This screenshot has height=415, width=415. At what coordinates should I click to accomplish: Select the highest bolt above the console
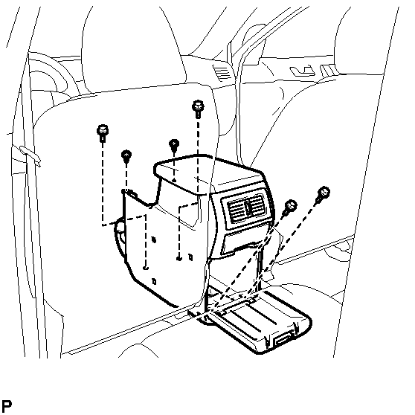click(198, 109)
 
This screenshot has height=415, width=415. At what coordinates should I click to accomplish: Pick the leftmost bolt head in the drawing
click(103, 133)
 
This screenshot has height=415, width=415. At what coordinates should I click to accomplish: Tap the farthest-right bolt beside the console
click(322, 195)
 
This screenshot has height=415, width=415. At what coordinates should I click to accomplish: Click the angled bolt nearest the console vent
click(289, 207)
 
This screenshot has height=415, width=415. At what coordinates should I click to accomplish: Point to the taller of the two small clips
click(174, 146)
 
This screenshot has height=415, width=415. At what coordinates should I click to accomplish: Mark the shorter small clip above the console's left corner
click(126, 156)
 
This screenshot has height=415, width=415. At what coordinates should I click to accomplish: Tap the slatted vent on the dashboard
click(222, 73)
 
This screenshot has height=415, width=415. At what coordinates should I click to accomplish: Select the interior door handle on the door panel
click(302, 71)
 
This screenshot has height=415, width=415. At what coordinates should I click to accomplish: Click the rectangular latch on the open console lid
click(284, 341)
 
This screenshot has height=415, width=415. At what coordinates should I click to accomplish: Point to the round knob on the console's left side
click(121, 227)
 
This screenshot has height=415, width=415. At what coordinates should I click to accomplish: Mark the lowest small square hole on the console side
click(154, 281)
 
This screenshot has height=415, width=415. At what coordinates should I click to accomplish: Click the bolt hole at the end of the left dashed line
click(145, 268)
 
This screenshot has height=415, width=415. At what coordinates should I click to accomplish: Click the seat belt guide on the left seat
click(30, 155)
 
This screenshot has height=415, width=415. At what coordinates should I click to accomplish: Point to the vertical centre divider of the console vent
click(248, 207)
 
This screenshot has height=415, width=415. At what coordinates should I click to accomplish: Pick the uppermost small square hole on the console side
click(153, 239)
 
